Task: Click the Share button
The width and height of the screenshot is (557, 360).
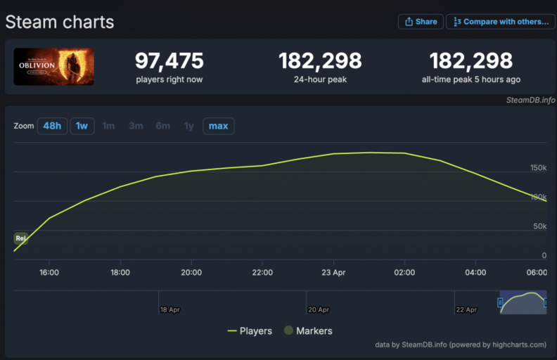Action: point(421,22)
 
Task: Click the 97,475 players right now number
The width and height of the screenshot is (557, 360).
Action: point(169,60)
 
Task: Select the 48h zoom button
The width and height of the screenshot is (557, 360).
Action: point(52,126)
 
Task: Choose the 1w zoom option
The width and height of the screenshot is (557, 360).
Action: point(82,126)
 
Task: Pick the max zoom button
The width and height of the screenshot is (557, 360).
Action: point(219,126)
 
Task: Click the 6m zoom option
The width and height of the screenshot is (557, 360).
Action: point(162,126)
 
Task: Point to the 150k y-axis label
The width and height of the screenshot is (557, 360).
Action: point(538,168)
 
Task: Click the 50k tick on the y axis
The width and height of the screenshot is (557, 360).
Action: point(539,226)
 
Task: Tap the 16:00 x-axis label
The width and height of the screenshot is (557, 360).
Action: point(49,272)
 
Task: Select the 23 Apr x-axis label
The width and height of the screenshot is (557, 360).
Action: point(333,272)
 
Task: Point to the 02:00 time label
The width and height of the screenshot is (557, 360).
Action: point(404,272)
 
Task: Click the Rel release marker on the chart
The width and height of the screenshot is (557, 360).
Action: point(20,238)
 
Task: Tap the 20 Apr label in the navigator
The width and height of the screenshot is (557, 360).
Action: point(319,309)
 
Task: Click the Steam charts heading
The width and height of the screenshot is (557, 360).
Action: point(60,22)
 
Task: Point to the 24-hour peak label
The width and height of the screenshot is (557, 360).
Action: point(320,79)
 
